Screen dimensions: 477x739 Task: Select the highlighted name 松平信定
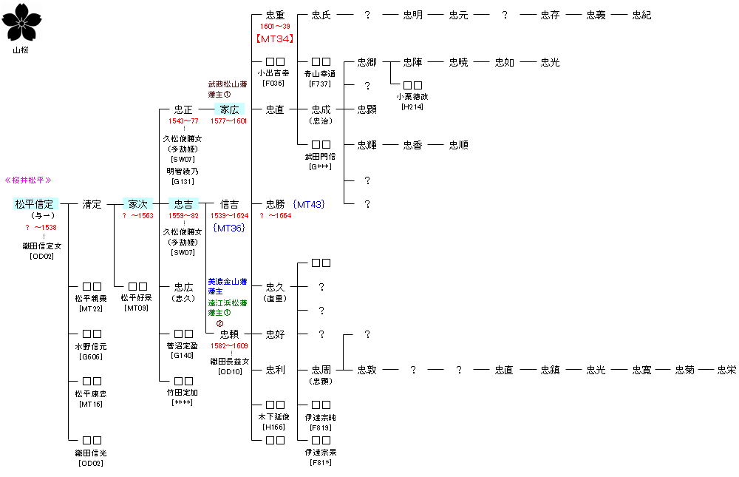click(35, 204)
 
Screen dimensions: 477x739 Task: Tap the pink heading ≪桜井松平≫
click(29, 180)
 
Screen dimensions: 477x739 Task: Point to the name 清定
click(92, 204)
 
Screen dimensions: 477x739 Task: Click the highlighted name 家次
click(137, 204)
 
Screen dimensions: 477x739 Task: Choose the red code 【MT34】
click(275, 38)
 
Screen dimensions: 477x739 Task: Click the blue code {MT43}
click(308, 204)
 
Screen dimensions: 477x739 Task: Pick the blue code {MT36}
click(228, 228)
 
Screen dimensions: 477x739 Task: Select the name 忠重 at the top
click(274, 15)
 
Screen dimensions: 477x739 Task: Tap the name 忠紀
click(641, 15)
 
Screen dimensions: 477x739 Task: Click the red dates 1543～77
click(183, 121)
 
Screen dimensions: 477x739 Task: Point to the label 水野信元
click(92, 346)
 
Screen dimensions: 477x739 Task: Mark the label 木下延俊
click(274, 417)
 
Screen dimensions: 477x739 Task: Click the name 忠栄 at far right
click(726, 370)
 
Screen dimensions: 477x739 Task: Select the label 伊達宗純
click(321, 417)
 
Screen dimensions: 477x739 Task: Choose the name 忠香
click(412, 145)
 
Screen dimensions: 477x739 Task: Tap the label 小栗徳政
click(412, 96)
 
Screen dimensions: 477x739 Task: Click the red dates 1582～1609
click(229, 345)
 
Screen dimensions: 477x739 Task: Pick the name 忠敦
click(367, 370)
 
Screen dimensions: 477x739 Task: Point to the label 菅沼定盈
click(183, 345)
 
